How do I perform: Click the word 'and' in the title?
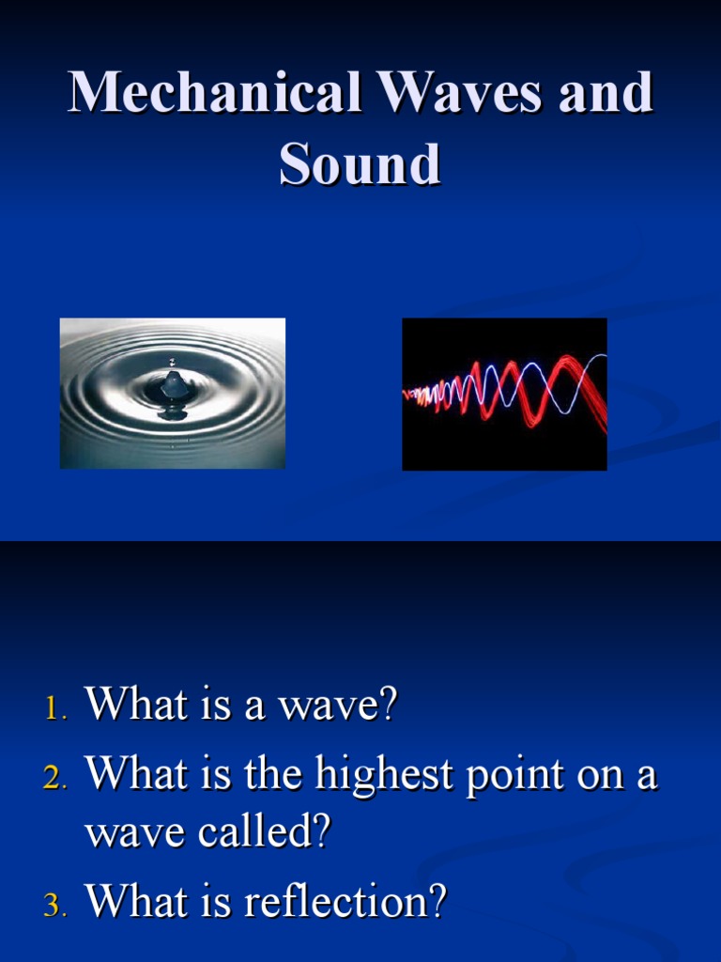click(x=609, y=93)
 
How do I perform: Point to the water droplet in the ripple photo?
click(x=173, y=383)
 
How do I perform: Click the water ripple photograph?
click(x=173, y=393)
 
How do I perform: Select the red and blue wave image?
click(x=504, y=394)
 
